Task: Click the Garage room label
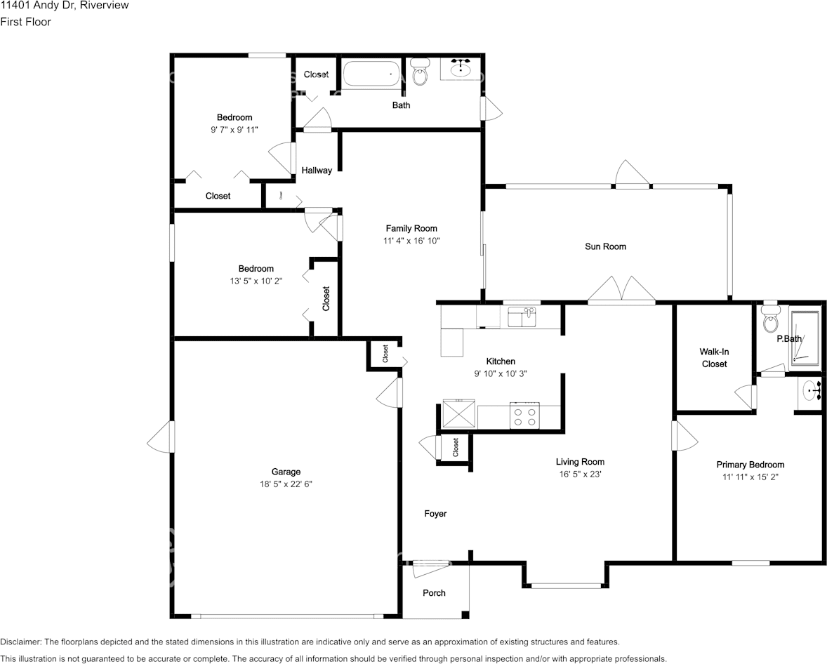286,472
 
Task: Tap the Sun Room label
605,246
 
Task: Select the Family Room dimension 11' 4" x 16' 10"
411,241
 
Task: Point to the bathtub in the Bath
372,74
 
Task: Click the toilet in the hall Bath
420,72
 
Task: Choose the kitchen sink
522,317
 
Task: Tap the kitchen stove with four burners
524,415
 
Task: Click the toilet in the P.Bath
771,316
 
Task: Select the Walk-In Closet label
714,357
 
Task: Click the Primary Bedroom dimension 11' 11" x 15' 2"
750,477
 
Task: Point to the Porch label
434,593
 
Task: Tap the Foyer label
436,514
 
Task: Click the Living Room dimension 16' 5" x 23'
580,474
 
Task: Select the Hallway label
317,171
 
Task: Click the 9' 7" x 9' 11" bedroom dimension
234,130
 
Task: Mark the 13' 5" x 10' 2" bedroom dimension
256,281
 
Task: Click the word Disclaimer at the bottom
20,642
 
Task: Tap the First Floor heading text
25,22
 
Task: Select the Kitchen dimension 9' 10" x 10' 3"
501,374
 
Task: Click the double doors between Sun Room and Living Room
622,290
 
